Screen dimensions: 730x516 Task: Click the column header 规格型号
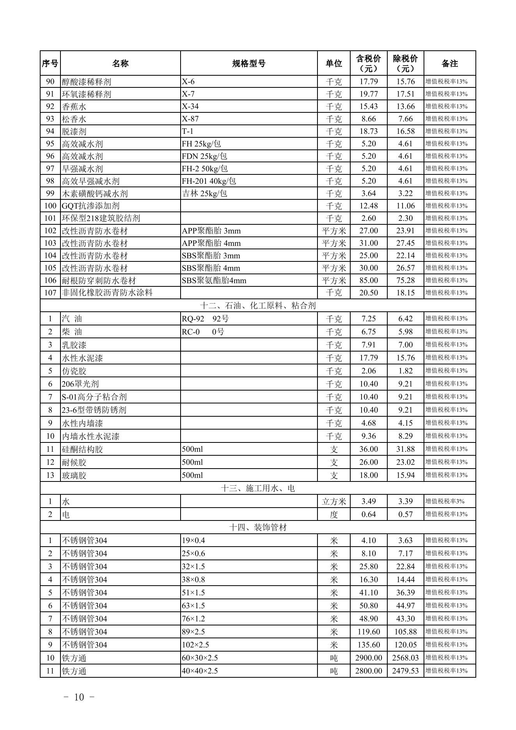click(249, 64)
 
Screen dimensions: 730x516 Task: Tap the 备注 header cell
click(449, 64)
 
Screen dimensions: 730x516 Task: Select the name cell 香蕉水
click(74, 107)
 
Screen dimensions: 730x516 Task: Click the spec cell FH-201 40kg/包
click(209, 181)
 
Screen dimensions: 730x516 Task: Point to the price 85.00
click(369, 281)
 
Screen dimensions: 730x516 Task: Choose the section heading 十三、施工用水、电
click(258, 488)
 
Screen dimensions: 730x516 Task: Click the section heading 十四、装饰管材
click(258, 528)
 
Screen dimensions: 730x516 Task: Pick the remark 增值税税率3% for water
click(445, 501)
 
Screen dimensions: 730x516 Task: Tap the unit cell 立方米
click(334, 501)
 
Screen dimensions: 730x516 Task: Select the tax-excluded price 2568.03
click(405, 658)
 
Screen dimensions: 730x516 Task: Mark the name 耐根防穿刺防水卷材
click(99, 281)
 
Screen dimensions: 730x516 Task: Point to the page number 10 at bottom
click(79, 697)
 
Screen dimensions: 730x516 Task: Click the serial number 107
click(50, 293)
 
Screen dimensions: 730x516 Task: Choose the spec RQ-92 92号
click(205, 319)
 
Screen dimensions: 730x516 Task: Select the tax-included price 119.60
click(369, 632)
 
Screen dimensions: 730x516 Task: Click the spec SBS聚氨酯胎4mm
click(214, 281)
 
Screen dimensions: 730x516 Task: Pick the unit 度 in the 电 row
click(334, 514)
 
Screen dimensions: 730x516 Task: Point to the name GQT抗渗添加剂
click(90, 206)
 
